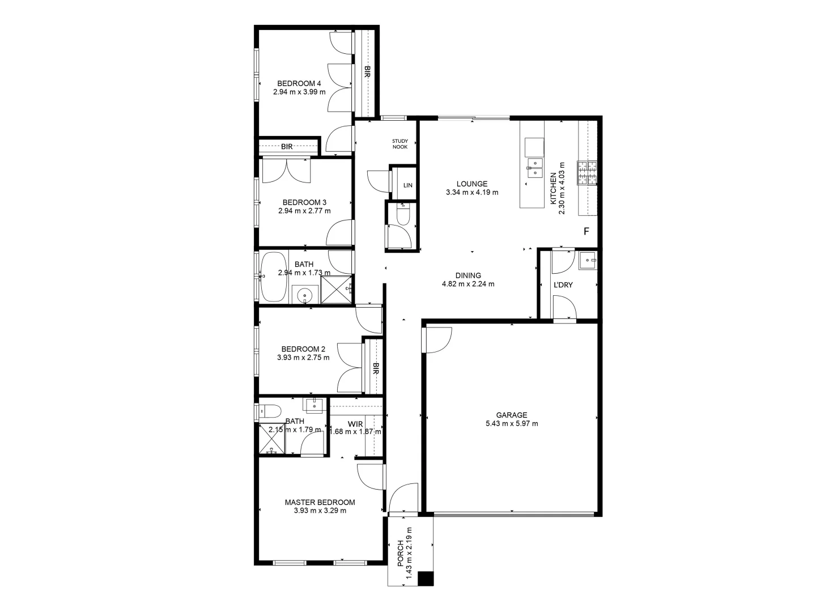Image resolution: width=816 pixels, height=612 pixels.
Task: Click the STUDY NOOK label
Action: (x=400, y=144)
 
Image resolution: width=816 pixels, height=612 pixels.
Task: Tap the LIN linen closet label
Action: (x=407, y=185)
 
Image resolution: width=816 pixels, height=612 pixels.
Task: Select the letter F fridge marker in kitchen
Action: (x=586, y=232)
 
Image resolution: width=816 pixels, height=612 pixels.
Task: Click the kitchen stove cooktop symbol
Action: (x=587, y=173)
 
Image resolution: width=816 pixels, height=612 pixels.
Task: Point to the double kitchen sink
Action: (x=534, y=168)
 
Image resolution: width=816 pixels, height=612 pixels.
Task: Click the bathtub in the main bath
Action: (x=274, y=277)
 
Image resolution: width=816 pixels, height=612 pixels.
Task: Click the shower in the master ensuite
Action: (x=272, y=439)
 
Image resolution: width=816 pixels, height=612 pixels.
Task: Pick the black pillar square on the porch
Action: (x=425, y=579)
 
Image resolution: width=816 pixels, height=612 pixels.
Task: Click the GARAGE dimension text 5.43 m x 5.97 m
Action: (x=512, y=423)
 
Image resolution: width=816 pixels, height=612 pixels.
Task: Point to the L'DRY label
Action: (x=563, y=285)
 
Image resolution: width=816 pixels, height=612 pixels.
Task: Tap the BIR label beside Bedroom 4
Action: (x=367, y=72)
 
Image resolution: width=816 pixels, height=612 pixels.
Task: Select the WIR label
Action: (x=355, y=423)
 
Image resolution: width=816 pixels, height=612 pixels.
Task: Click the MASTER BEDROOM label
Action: (x=320, y=502)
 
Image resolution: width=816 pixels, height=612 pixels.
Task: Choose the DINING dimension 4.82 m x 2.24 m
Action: (x=467, y=284)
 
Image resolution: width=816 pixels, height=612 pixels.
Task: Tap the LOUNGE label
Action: (x=472, y=184)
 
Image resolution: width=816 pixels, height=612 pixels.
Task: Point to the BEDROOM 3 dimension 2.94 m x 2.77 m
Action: (x=304, y=211)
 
